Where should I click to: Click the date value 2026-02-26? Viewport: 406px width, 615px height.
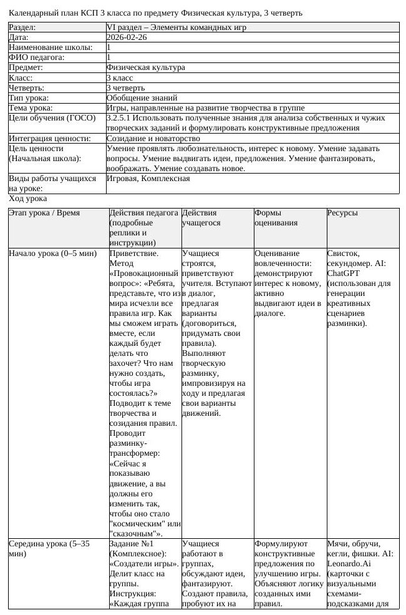(x=127, y=37)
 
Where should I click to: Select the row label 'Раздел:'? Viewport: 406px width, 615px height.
(x=22, y=27)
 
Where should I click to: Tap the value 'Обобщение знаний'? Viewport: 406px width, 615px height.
(x=142, y=97)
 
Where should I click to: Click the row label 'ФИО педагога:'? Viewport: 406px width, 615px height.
(x=37, y=57)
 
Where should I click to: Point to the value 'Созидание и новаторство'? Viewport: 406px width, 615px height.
(x=153, y=138)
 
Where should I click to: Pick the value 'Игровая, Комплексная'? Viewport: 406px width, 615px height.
(x=148, y=178)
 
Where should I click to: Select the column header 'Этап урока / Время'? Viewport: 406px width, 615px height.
(x=44, y=213)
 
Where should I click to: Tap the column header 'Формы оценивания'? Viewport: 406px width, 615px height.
(x=276, y=218)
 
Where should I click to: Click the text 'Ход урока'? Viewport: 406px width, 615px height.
(x=28, y=199)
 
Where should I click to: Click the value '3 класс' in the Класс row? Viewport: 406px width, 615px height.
(x=120, y=77)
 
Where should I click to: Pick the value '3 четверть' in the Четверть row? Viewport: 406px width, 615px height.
(x=125, y=87)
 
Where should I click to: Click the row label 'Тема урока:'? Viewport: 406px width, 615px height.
(x=31, y=107)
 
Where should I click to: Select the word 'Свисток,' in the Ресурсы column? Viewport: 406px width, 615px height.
(x=343, y=253)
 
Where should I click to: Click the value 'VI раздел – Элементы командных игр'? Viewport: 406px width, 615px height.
(x=176, y=27)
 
